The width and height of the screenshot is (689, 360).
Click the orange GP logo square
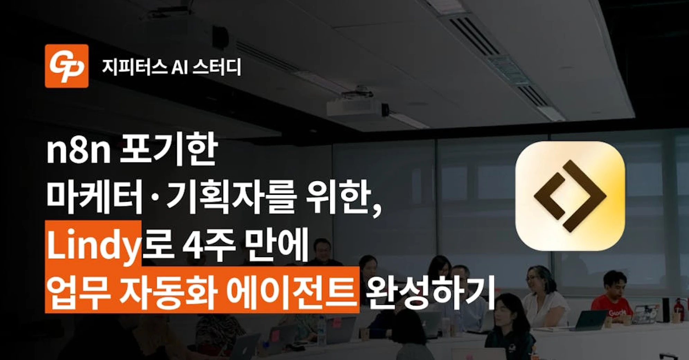(66, 66)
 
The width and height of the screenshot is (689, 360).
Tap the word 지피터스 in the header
(134, 67)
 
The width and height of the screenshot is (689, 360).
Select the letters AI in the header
(180, 67)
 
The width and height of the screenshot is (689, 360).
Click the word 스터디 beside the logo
(217, 67)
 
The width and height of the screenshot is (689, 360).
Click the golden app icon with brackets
(570, 196)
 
